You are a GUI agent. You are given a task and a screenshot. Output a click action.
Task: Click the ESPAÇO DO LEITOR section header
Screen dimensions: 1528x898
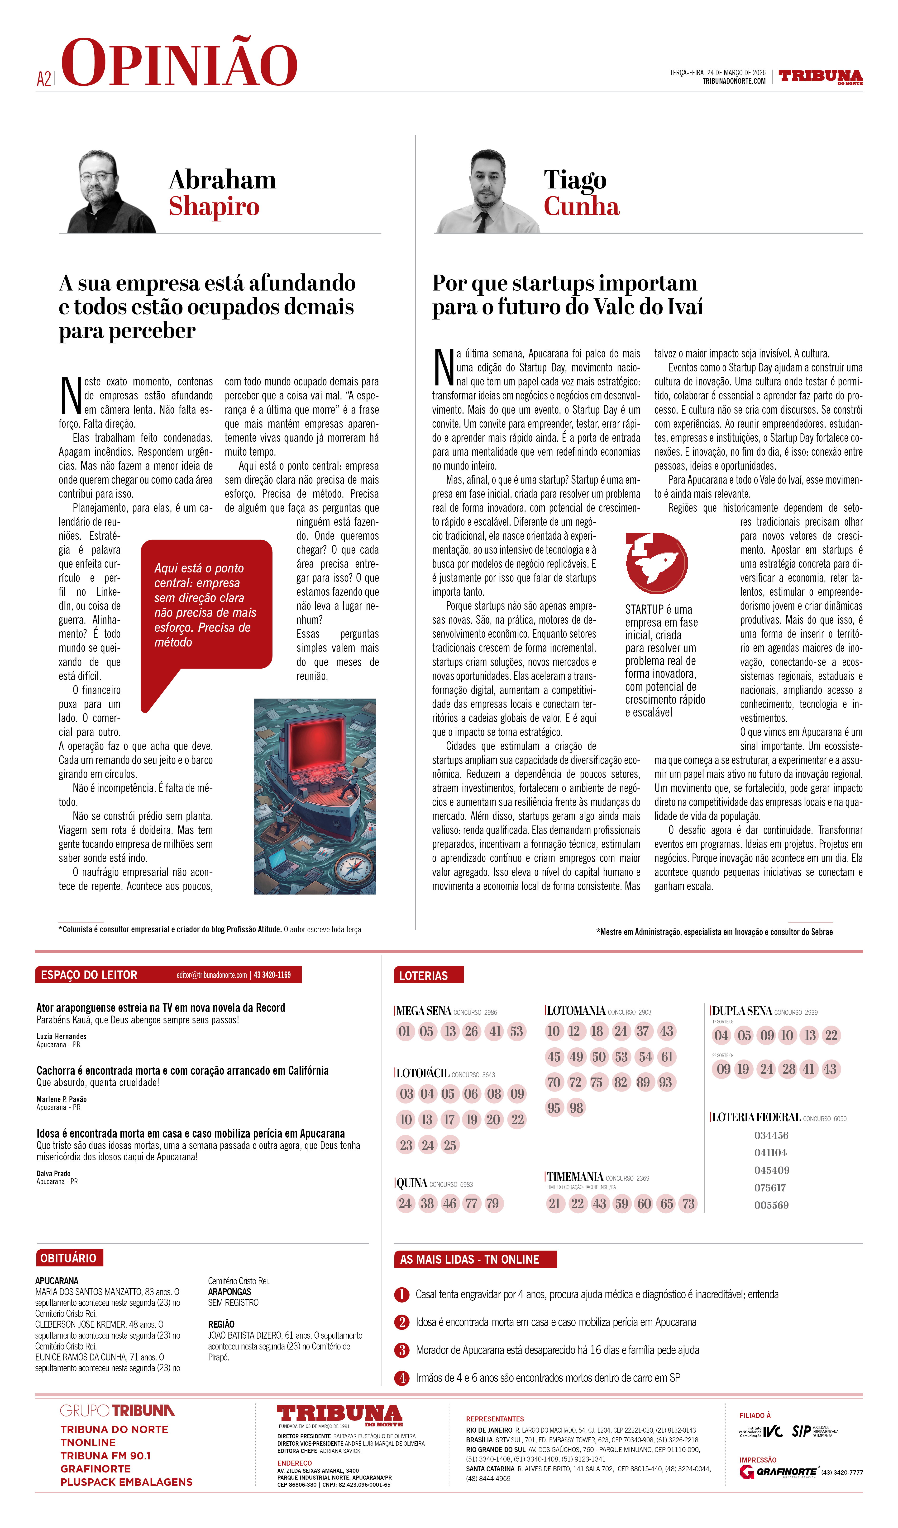click(89, 975)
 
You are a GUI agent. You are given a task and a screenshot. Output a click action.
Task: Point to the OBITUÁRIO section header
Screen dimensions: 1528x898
click(69, 1258)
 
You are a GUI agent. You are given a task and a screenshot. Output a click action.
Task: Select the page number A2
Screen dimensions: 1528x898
click(44, 79)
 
